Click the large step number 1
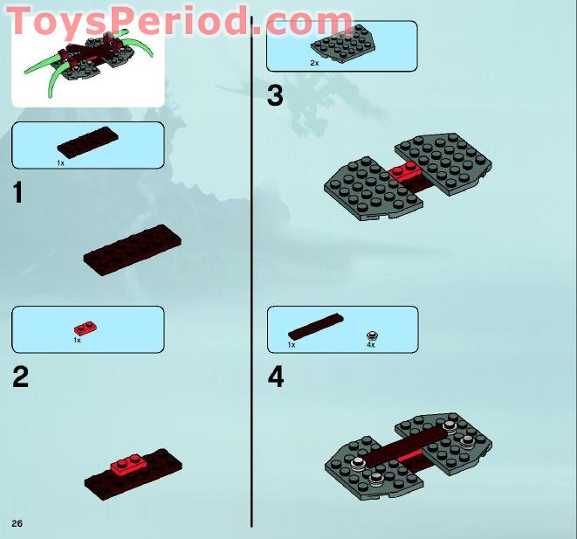click(x=18, y=191)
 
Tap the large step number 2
click(x=20, y=377)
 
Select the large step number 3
click(x=275, y=94)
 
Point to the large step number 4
click(x=276, y=377)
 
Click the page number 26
click(x=17, y=522)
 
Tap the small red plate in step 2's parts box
click(x=85, y=328)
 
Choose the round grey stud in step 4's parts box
click(x=373, y=335)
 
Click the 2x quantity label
click(x=314, y=64)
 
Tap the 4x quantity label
click(x=370, y=345)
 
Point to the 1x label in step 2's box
click(x=77, y=340)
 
